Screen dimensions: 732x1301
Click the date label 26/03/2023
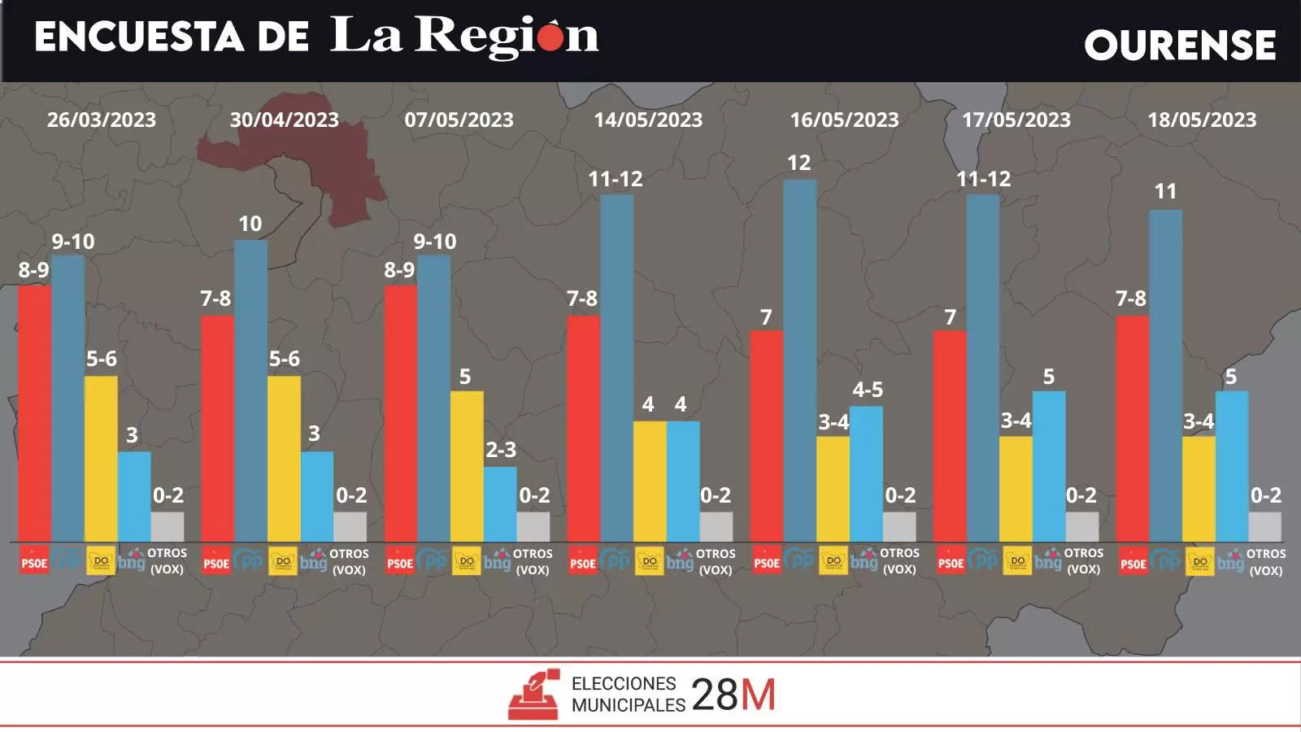[x=102, y=120]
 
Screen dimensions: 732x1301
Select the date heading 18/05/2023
[x=1202, y=120]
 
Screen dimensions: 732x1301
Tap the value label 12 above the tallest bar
[x=798, y=163]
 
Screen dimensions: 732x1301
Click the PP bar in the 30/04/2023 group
[x=250, y=390]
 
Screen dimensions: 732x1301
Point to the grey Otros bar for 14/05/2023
[x=716, y=526]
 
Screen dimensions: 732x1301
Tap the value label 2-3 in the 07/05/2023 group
[x=501, y=450]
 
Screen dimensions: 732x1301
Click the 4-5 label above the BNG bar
[x=868, y=390]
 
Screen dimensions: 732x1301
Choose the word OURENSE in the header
[x=1180, y=45]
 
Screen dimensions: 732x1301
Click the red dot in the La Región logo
[x=550, y=37]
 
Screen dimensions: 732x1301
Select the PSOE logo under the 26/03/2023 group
[x=34, y=562]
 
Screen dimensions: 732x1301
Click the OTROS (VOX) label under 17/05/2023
[x=1083, y=561]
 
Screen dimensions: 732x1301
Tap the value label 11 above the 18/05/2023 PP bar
[x=1165, y=191]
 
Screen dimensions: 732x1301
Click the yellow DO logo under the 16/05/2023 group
[x=833, y=561]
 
